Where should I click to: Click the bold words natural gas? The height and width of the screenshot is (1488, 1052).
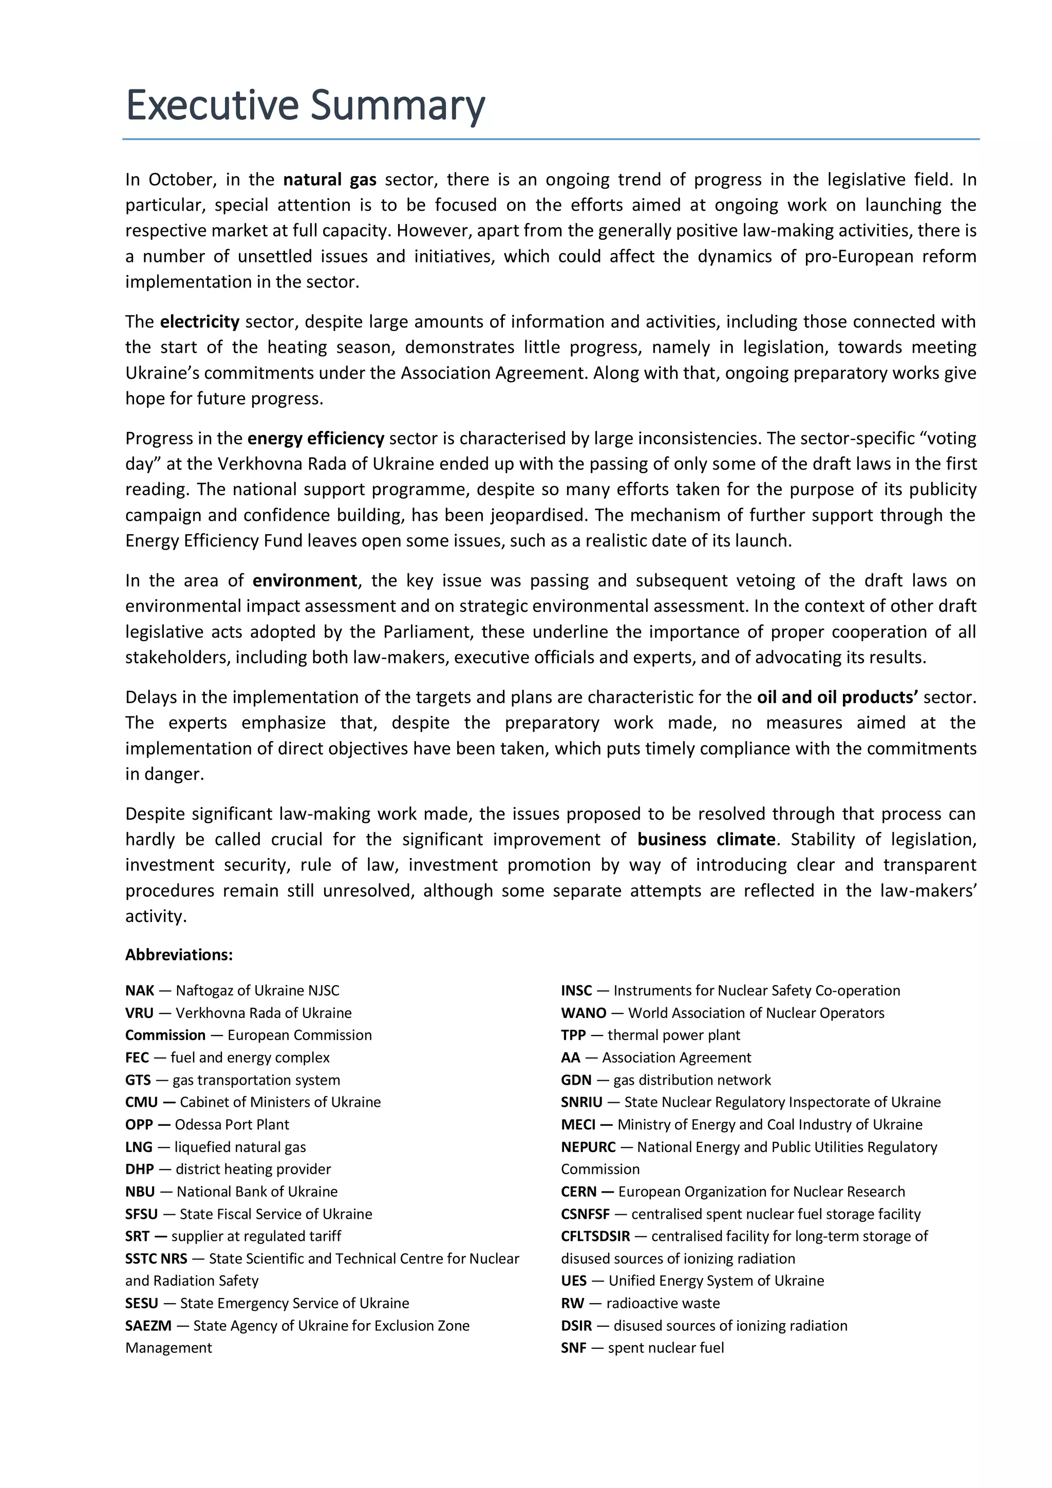(x=329, y=180)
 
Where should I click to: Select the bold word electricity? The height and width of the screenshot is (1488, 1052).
(x=200, y=322)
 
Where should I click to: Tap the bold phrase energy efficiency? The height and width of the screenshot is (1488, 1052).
(x=316, y=438)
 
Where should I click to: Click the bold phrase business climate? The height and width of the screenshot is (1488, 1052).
(x=706, y=839)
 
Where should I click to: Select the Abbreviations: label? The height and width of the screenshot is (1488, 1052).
(x=179, y=955)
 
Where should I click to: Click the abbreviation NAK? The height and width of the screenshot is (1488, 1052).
(x=139, y=990)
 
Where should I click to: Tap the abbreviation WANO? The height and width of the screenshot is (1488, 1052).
(x=584, y=1013)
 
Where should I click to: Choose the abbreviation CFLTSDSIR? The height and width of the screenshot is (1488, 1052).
(x=595, y=1236)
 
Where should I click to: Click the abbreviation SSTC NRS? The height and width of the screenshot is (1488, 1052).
(x=156, y=1258)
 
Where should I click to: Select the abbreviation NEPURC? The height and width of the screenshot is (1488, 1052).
(x=588, y=1147)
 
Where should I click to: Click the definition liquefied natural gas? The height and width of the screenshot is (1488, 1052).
(x=240, y=1147)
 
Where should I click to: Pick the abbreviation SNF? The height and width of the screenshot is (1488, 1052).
(x=573, y=1348)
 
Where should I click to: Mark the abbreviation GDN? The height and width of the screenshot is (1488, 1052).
(x=576, y=1080)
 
